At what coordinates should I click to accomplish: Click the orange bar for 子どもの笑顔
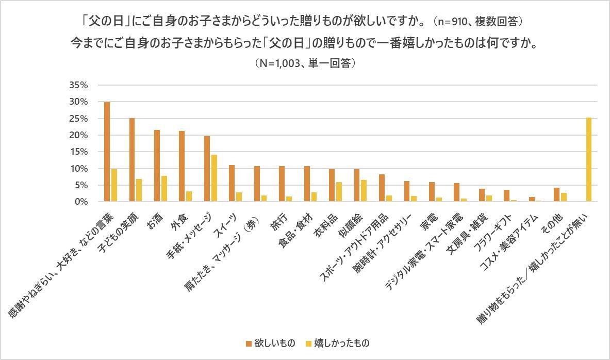click(x=132, y=160)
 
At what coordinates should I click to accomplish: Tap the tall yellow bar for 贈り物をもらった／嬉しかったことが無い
click(x=588, y=159)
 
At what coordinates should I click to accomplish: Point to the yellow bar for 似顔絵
click(x=364, y=191)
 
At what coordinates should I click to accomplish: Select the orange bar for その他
click(x=556, y=195)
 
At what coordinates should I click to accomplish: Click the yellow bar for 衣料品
click(x=339, y=192)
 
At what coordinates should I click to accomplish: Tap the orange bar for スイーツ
click(x=232, y=184)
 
